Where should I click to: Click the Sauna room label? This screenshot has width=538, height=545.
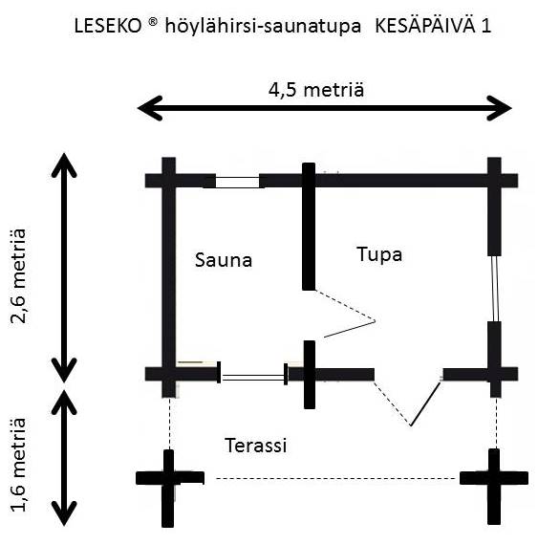(224, 260)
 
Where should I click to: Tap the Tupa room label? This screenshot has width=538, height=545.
(379, 254)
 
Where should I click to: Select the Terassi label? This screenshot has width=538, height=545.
(256, 445)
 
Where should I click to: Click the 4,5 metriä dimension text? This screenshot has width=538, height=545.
(316, 90)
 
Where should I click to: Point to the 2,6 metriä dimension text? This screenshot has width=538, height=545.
(18, 276)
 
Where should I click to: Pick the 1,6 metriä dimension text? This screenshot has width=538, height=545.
(18, 465)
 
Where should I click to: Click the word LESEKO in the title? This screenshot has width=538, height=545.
(108, 27)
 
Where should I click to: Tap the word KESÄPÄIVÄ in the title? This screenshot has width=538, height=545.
(425, 26)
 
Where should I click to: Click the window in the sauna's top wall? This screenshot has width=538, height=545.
(238, 182)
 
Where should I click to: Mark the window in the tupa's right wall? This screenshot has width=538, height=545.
(495, 289)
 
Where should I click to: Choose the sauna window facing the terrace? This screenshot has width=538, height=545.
(253, 377)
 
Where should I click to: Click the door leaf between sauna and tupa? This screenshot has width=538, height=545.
(350, 330)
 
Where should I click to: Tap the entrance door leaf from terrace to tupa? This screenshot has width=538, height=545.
(425, 403)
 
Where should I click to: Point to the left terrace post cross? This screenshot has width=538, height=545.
(168, 478)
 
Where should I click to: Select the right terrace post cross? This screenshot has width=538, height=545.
(494, 478)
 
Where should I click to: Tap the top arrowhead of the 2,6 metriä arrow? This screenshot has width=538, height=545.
(64, 165)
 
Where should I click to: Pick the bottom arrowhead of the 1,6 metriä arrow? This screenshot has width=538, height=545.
(64, 513)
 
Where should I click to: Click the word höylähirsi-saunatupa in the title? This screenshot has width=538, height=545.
(263, 27)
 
